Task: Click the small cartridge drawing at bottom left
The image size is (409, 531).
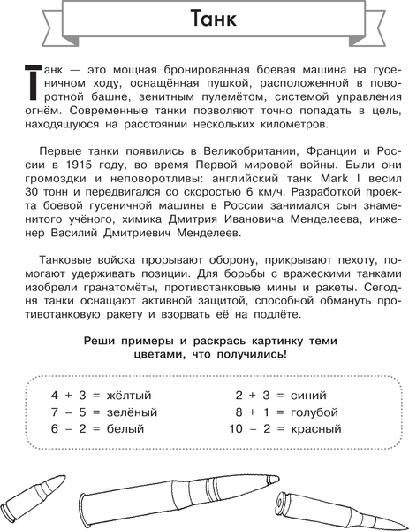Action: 35,498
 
